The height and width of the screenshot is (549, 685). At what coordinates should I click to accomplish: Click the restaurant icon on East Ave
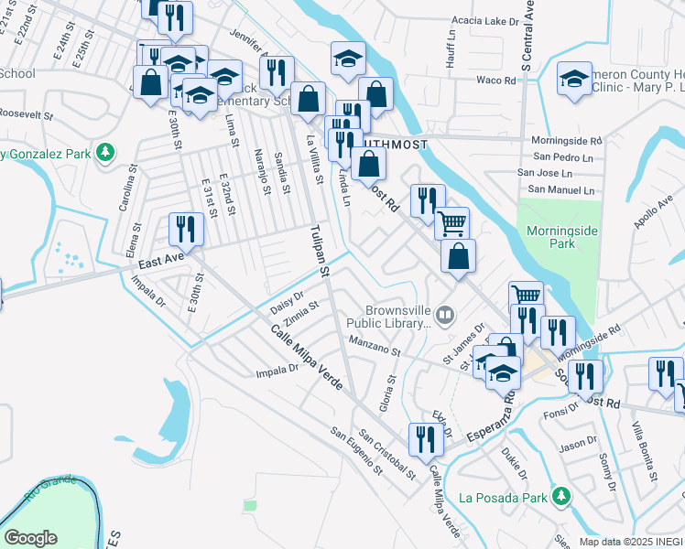pyautogui.click(x=187, y=230)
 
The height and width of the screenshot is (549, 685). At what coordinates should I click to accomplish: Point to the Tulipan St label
pyautogui.click(x=319, y=250)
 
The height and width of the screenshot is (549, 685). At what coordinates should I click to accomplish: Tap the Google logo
pyautogui.click(x=29, y=538)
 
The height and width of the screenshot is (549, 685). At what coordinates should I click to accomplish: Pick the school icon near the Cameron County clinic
pyautogui.click(x=574, y=80)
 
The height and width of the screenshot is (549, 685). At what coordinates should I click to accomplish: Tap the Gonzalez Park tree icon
pyautogui.click(x=107, y=153)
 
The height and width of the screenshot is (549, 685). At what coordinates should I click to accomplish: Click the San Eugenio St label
pyautogui.click(x=355, y=451)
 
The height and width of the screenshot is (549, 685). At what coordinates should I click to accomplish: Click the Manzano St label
pyautogui.click(x=374, y=346)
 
